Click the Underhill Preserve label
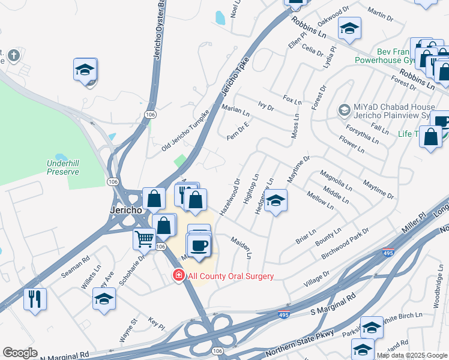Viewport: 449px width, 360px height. (64, 167)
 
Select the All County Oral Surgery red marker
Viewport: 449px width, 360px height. (178, 276)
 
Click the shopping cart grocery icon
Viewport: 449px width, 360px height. (144, 238)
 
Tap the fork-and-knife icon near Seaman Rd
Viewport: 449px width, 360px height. (35, 298)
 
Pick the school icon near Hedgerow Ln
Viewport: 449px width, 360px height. (276, 200)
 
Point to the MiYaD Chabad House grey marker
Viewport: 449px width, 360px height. (344, 109)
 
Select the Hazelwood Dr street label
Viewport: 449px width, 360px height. (230, 197)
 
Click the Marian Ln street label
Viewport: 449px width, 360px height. (235, 110)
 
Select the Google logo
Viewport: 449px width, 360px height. (20, 353)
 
